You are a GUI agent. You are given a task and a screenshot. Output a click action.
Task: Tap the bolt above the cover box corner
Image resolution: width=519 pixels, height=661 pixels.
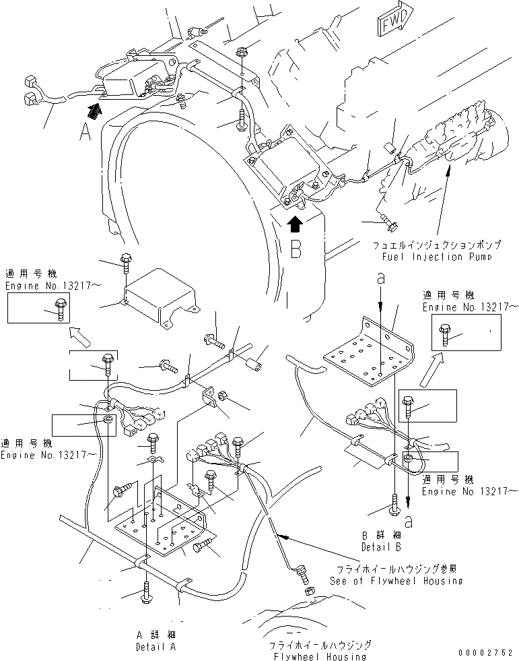point(125,263)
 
